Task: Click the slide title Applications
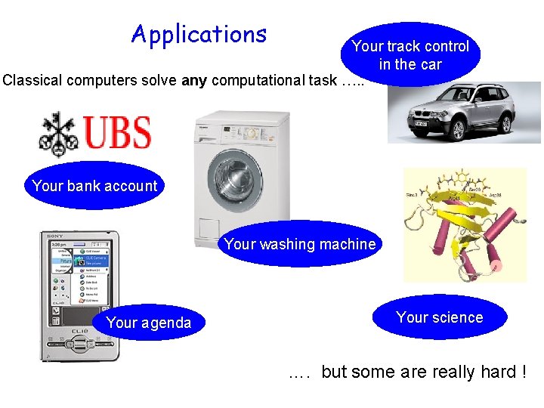[x=199, y=34]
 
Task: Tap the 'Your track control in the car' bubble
[x=410, y=54]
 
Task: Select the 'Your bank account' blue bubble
[x=94, y=186]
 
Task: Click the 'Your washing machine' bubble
[x=299, y=244]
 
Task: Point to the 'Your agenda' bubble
[x=148, y=323]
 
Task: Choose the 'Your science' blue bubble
[x=439, y=317]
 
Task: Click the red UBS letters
[x=117, y=133]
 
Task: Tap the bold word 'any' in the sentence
[x=194, y=80]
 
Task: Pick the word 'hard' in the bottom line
[x=493, y=372]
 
